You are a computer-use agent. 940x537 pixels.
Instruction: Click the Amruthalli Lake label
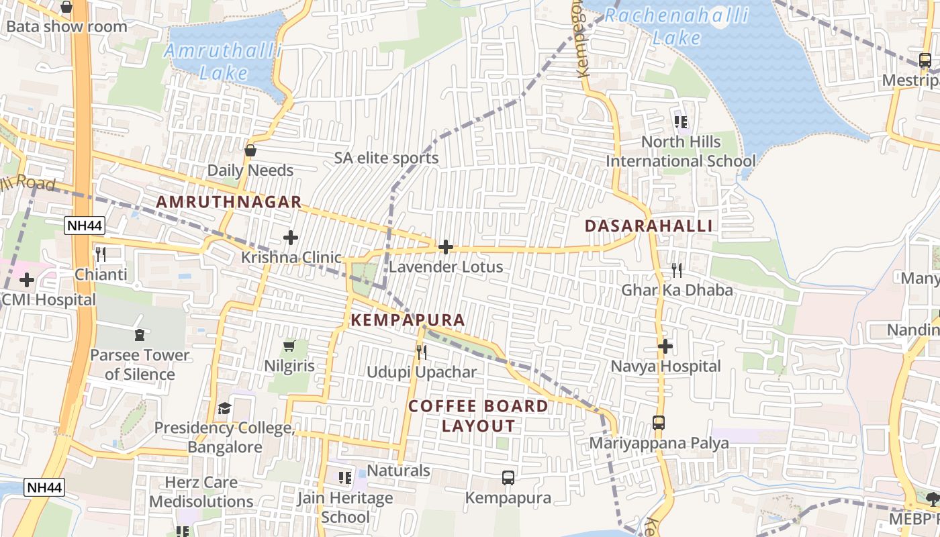point(223,62)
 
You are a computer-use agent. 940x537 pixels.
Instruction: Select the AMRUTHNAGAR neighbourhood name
point(229,202)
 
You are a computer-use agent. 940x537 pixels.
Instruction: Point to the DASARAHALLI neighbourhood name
point(649,226)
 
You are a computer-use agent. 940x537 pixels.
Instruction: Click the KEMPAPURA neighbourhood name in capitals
point(408,320)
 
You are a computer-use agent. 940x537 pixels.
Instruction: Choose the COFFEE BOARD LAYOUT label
point(478,416)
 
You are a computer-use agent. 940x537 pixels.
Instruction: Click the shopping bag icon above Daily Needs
point(250,150)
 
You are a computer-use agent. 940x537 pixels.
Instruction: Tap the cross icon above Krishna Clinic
point(291,238)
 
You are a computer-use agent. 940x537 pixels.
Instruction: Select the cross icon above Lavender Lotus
point(445,247)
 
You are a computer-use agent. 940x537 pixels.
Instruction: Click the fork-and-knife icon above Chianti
point(101,254)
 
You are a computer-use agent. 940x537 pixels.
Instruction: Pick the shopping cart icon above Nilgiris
point(289,346)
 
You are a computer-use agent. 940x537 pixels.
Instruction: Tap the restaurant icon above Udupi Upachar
point(422,352)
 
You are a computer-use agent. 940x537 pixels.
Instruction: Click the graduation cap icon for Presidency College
point(224,408)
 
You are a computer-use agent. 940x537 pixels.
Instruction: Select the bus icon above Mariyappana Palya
point(659,423)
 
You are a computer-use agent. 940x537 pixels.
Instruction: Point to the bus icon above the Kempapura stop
point(508,478)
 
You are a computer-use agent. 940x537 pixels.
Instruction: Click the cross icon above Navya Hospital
point(665,346)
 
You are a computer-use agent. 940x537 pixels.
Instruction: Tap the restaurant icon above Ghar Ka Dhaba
point(677,271)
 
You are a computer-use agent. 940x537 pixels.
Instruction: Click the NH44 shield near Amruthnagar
point(85,226)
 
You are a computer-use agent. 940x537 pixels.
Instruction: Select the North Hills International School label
point(681,151)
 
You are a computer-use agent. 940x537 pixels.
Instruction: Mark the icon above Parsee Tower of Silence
point(140,334)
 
